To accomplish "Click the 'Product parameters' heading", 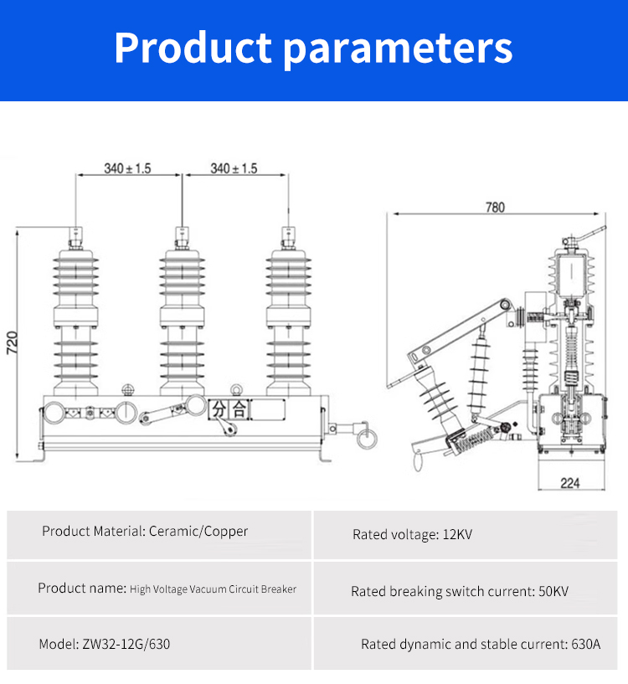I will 313,49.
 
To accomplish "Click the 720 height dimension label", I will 12,342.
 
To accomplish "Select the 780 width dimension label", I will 496,208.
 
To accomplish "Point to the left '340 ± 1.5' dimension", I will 127,168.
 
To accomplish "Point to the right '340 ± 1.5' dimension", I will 234,168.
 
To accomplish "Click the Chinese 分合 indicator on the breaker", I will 229,409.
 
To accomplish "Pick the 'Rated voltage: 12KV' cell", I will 412,534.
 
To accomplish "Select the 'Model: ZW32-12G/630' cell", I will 108,644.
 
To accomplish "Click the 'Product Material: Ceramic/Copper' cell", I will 145,531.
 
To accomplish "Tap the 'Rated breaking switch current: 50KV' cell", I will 460,591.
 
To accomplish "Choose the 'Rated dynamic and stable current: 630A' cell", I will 481,644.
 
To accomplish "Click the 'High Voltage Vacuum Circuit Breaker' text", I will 213,589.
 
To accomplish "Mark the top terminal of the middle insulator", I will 181,237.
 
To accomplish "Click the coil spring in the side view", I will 478,435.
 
